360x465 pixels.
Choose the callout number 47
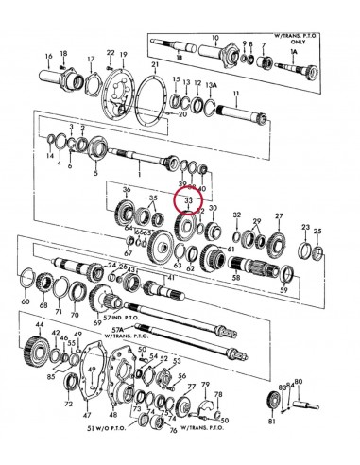[86, 414]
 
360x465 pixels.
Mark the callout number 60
[26, 301]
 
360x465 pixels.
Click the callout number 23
[305, 228]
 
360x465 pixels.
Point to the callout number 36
[127, 192]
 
